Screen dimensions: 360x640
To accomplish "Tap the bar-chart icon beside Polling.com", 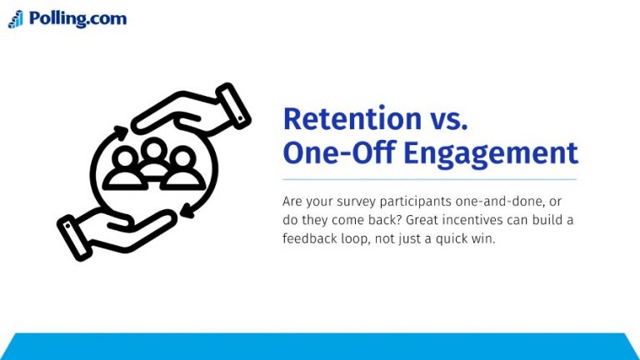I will (16, 19).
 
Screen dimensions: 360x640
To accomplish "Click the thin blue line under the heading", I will (429, 179).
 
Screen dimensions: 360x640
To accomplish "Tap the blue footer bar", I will (320, 347).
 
